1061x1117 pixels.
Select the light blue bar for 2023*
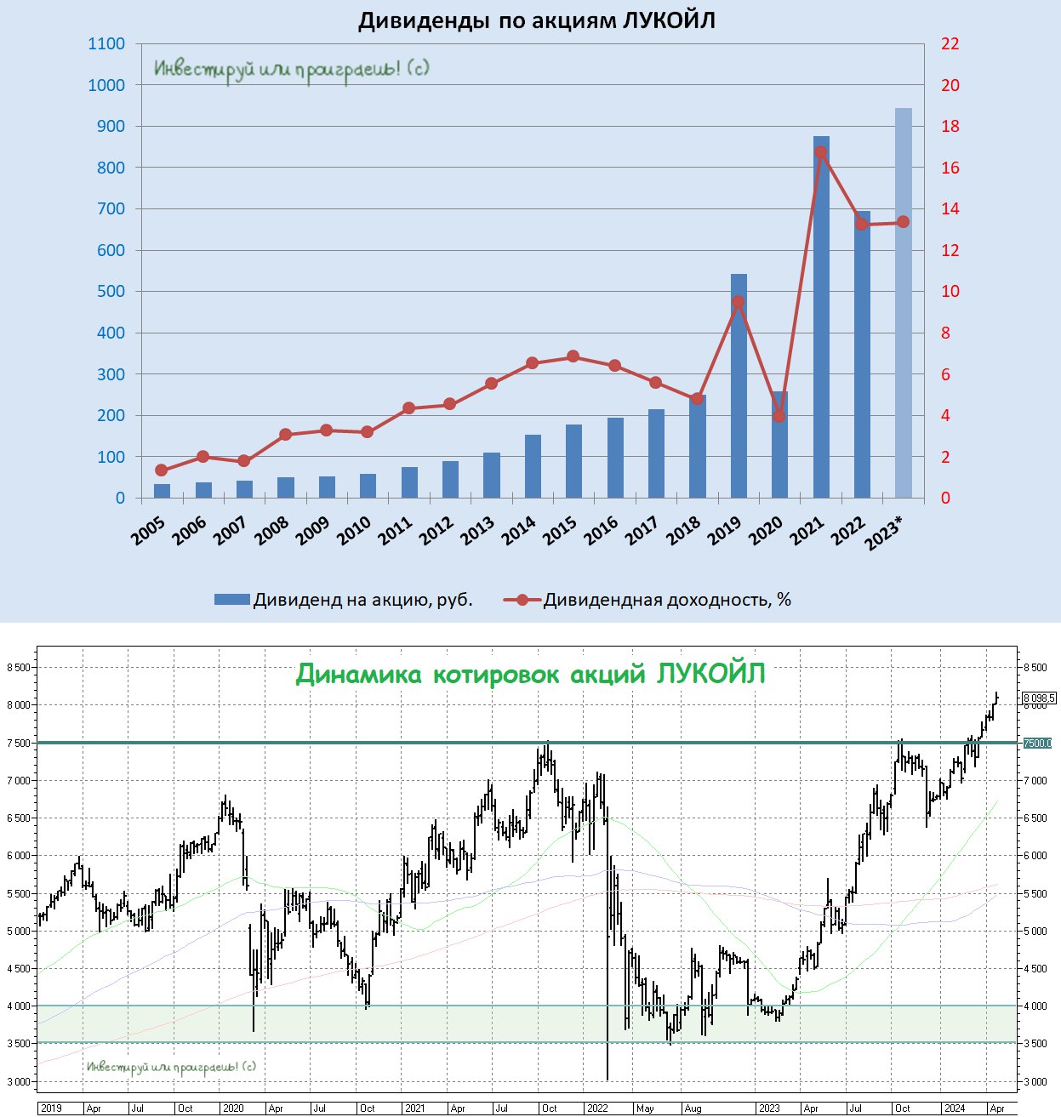coord(903,306)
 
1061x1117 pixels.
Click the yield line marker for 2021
coord(821,152)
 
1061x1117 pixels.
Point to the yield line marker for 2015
coord(573,356)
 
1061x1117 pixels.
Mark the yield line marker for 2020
coord(779,416)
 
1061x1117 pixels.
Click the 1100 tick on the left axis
coord(106,44)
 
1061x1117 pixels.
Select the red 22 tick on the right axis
coord(950,44)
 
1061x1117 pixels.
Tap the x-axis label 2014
coord(518,532)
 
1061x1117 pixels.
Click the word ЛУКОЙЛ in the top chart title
coord(669,20)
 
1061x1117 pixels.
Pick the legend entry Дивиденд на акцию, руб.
coord(344,600)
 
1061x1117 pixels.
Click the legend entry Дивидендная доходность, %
coord(647,600)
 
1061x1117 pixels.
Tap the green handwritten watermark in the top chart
coord(292,69)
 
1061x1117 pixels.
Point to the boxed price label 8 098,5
coord(1039,698)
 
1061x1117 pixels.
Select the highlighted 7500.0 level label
coord(1037,744)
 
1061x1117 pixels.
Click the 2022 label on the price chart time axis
coord(597,1108)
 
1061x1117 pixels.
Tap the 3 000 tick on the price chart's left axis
coord(19,1081)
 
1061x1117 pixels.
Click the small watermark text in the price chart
coord(171,1067)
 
